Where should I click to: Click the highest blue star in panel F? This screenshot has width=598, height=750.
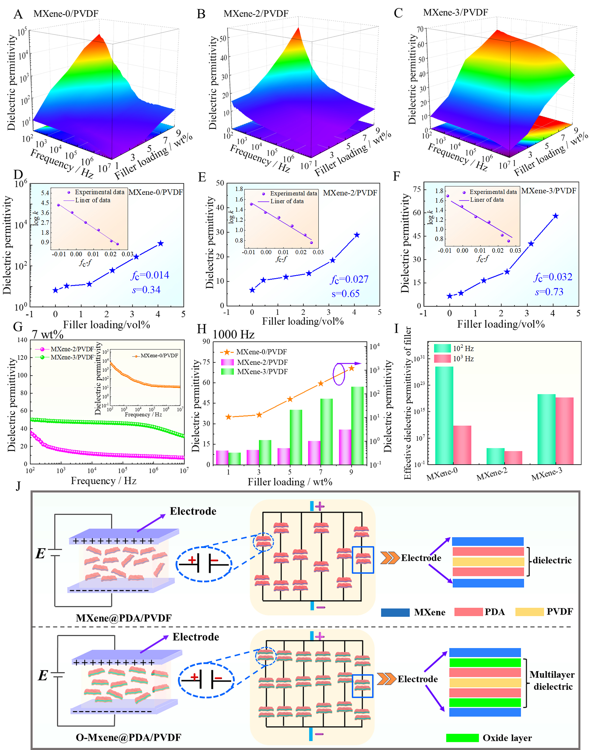point(556,216)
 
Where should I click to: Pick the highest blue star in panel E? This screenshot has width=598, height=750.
point(357,235)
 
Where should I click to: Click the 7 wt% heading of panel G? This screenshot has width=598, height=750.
point(48,335)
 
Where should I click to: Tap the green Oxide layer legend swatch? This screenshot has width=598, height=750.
point(462,738)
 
